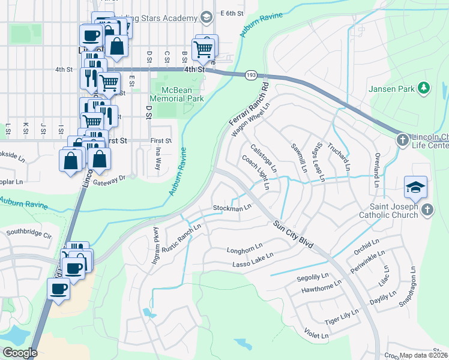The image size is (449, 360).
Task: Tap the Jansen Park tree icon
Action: (x=424, y=89)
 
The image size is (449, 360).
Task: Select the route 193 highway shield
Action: (x=251, y=74)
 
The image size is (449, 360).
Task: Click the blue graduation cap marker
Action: (x=415, y=187)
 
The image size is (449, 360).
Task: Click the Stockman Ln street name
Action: (x=232, y=208)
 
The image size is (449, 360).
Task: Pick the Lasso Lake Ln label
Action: (x=250, y=259)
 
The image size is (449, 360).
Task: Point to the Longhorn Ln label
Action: (x=245, y=247)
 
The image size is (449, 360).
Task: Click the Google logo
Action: (x=19, y=353)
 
